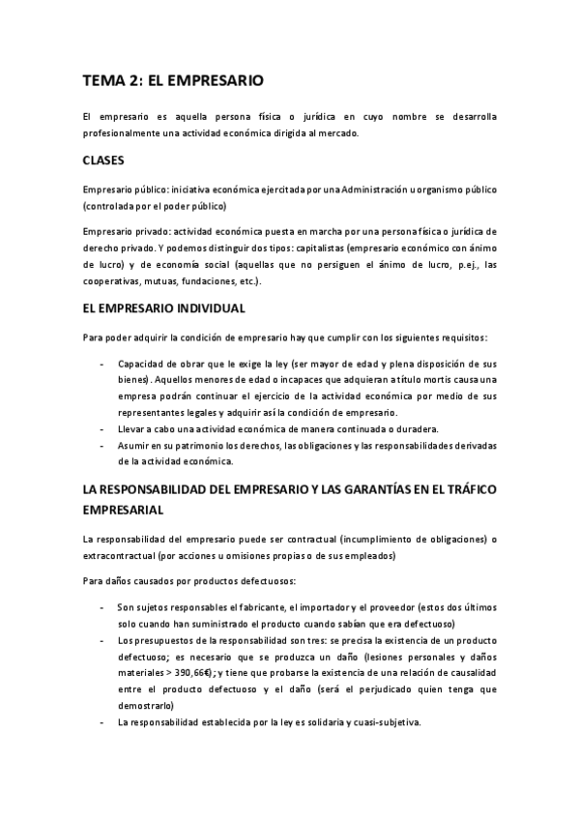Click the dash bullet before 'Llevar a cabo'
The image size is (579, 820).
(x=103, y=428)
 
